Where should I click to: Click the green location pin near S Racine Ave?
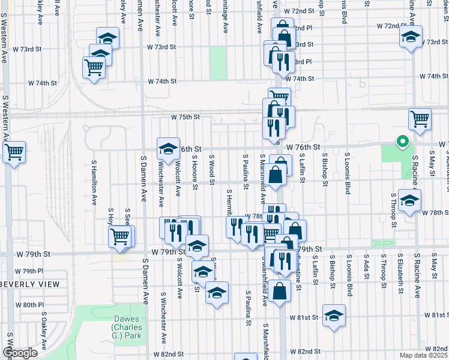402,142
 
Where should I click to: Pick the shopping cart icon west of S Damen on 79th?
120,235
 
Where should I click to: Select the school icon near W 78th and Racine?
409,200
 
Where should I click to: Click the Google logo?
20,352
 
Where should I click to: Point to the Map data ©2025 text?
423,355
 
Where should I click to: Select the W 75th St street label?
185,117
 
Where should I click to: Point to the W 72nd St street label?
300,11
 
